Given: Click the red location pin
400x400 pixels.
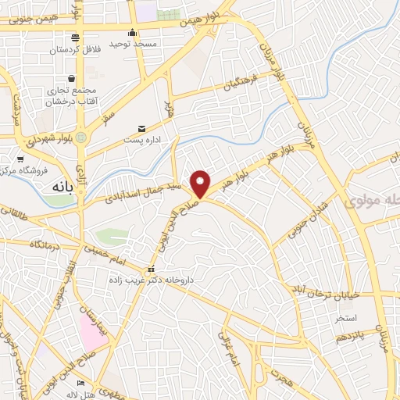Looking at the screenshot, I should click(201, 184).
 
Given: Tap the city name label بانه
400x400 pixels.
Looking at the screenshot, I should click(59, 187).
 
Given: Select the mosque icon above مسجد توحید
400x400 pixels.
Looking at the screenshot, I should click(134, 32).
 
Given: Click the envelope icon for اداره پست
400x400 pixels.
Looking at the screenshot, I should click(141, 127).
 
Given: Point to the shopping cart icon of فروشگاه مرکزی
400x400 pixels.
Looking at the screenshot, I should click(20, 159).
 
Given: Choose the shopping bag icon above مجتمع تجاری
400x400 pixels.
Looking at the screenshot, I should click(72, 78).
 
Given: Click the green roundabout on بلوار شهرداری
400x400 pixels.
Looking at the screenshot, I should click(81, 138).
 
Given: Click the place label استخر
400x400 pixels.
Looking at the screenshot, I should click(345, 319).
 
